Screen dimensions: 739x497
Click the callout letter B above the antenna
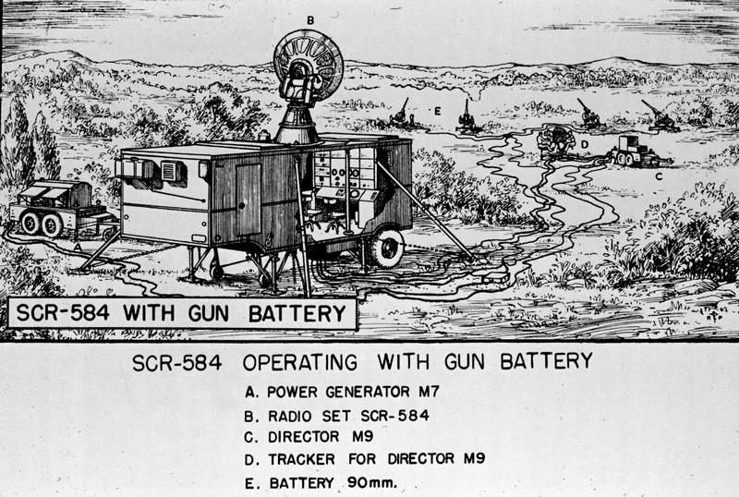(x=310, y=20)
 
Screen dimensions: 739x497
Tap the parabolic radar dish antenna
(x=309, y=64)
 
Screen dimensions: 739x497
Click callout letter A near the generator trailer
(x=78, y=247)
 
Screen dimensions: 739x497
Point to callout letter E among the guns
(x=437, y=112)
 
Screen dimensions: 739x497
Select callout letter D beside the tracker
(x=585, y=145)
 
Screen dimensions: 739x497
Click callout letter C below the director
(x=659, y=176)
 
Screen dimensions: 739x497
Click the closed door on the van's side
(x=248, y=200)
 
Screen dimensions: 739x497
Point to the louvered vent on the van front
(x=170, y=171)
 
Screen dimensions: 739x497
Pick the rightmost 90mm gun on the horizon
(x=659, y=117)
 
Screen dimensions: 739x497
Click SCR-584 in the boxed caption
(x=63, y=313)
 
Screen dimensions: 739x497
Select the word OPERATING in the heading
(x=299, y=362)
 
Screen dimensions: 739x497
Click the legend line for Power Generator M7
(x=342, y=392)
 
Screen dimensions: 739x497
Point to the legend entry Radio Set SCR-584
(x=336, y=416)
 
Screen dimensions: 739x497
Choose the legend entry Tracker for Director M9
(x=364, y=459)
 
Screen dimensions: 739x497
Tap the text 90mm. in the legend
(x=372, y=483)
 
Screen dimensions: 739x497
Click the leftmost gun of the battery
(x=404, y=115)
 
